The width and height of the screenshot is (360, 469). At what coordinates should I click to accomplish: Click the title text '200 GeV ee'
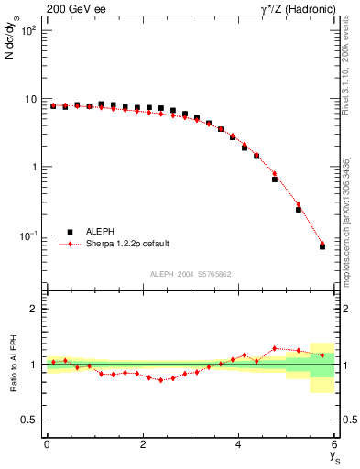click(x=72, y=9)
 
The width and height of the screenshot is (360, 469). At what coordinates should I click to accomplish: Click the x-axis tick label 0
click(x=47, y=445)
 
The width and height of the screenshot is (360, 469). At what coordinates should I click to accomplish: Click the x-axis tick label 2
click(x=143, y=445)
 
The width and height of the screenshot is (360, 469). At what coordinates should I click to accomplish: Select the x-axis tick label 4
click(x=239, y=445)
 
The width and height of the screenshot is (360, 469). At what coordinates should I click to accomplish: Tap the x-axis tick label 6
click(x=334, y=445)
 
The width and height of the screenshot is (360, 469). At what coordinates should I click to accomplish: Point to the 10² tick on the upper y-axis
click(x=29, y=30)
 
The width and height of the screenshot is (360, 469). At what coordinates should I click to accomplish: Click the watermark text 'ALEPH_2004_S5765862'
click(x=190, y=274)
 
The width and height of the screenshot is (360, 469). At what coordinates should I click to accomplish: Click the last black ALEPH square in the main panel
click(x=322, y=246)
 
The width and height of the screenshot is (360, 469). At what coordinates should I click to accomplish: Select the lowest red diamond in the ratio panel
click(x=161, y=380)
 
